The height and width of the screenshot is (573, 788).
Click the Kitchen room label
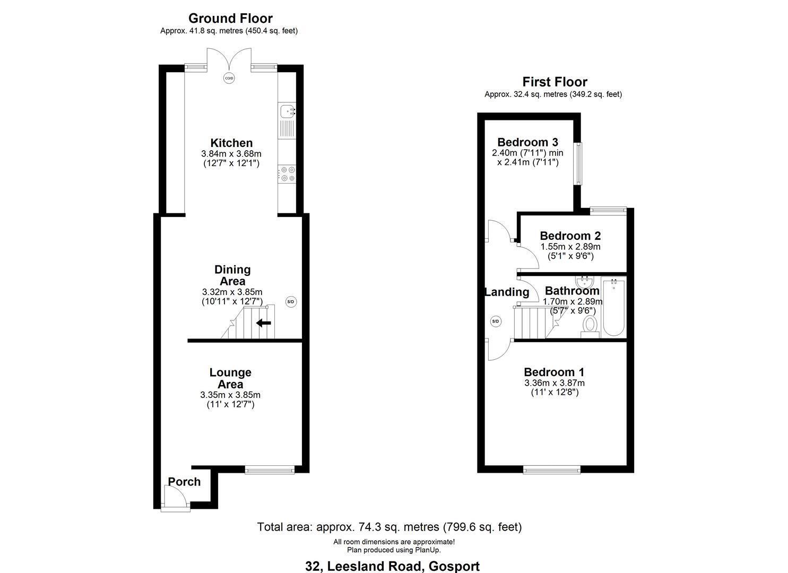tap(231, 143)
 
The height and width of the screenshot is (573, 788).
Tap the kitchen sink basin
tap(287, 111)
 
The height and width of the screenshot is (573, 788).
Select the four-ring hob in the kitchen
tap(287, 174)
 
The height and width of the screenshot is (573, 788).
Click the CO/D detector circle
tap(229, 78)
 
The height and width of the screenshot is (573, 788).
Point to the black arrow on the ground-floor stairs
tap(264, 323)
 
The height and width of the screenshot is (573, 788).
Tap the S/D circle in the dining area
tap(291, 301)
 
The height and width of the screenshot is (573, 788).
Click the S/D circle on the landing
tap(495, 321)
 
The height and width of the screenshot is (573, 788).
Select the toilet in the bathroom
tap(590, 327)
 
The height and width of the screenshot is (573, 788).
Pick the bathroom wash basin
tap(585, 282)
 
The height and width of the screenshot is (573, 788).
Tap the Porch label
tap(184, 482)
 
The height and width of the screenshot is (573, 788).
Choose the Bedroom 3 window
tap(578, 163)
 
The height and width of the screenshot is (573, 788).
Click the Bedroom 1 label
tap(554, 372)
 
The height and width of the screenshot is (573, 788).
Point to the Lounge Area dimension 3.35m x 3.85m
tap(230, 395)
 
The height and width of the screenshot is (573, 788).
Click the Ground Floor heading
tap(230, 18)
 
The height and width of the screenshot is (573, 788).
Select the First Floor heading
tap(555, 82)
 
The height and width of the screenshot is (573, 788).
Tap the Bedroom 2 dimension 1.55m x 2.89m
tap(570, 246)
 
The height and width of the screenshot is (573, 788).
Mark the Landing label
tap(507, 292)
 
